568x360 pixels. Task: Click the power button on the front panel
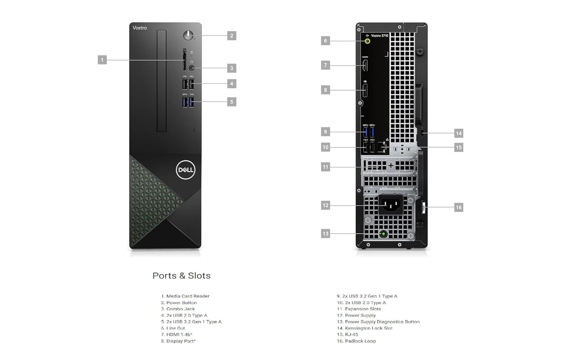click(x=188, y=35)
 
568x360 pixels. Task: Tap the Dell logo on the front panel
click(x=185, y=170)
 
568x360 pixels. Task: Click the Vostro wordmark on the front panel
click(x=140, y=28)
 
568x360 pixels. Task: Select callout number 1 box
click(x=102, y=60)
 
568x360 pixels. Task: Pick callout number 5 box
click(x=232, y=102)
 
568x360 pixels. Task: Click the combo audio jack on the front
click(x=191, y=68)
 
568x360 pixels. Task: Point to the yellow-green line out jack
click(x=368, y=41)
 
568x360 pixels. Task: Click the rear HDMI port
click(x=365, y=65)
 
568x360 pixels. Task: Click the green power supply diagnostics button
click(x=383, y=234)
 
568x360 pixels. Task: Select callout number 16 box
click(x=458, y=207)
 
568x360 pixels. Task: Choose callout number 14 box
click(x=458, y=133)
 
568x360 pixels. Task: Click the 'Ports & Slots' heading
click(x=181, y=276)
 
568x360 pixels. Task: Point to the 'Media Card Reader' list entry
click(x=187, y=296)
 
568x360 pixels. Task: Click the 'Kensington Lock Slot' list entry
click(x=368, y=328)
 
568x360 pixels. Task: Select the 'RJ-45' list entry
click(x=351, y=335)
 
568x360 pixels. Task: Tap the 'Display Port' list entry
click(x=181, y=341)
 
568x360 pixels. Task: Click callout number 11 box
click(x=325, y=167)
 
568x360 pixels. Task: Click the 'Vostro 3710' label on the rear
click(x=379, y=36)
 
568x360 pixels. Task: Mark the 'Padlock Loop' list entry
click(x=360, y=341)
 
